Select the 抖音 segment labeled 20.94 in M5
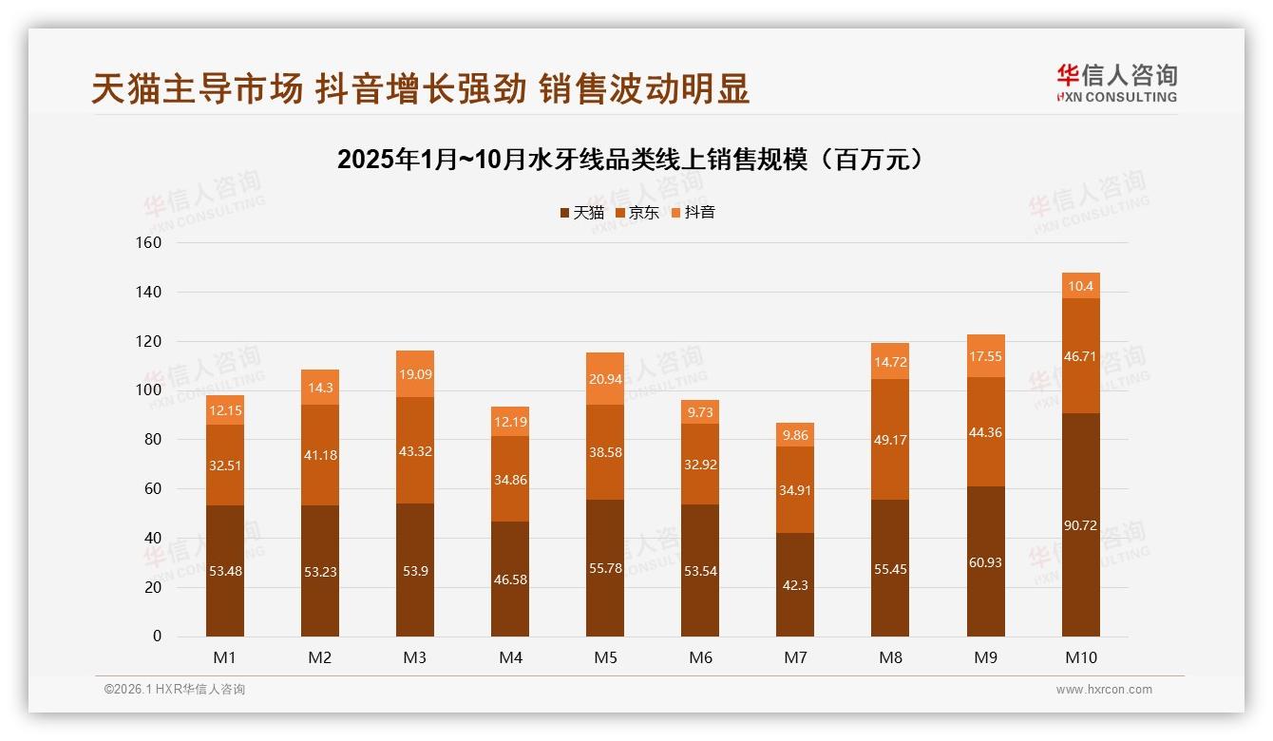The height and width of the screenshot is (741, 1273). point(605,378)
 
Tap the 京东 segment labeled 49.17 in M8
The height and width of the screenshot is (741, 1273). point(890,439)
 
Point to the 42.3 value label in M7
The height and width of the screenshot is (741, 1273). point(795,585)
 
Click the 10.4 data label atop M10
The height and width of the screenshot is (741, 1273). point(1080,286)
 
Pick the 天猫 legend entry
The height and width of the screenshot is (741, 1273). point(581,213)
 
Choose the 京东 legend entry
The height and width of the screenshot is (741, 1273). point(637,213)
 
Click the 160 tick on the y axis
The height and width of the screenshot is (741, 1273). point(150,243)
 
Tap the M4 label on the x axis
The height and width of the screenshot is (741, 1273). point(510,657)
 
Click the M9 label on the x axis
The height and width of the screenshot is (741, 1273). point(985,657)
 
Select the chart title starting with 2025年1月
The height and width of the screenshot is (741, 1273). point(631,160)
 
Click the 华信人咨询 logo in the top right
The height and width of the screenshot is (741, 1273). point(1116,83)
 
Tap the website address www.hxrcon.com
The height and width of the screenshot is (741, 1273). point(1104,690)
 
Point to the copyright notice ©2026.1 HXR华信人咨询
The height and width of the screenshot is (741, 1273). point(175,690)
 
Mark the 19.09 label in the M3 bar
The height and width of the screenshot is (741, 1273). point(415,374)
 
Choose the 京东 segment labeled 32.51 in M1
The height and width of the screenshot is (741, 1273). point(225,465)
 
